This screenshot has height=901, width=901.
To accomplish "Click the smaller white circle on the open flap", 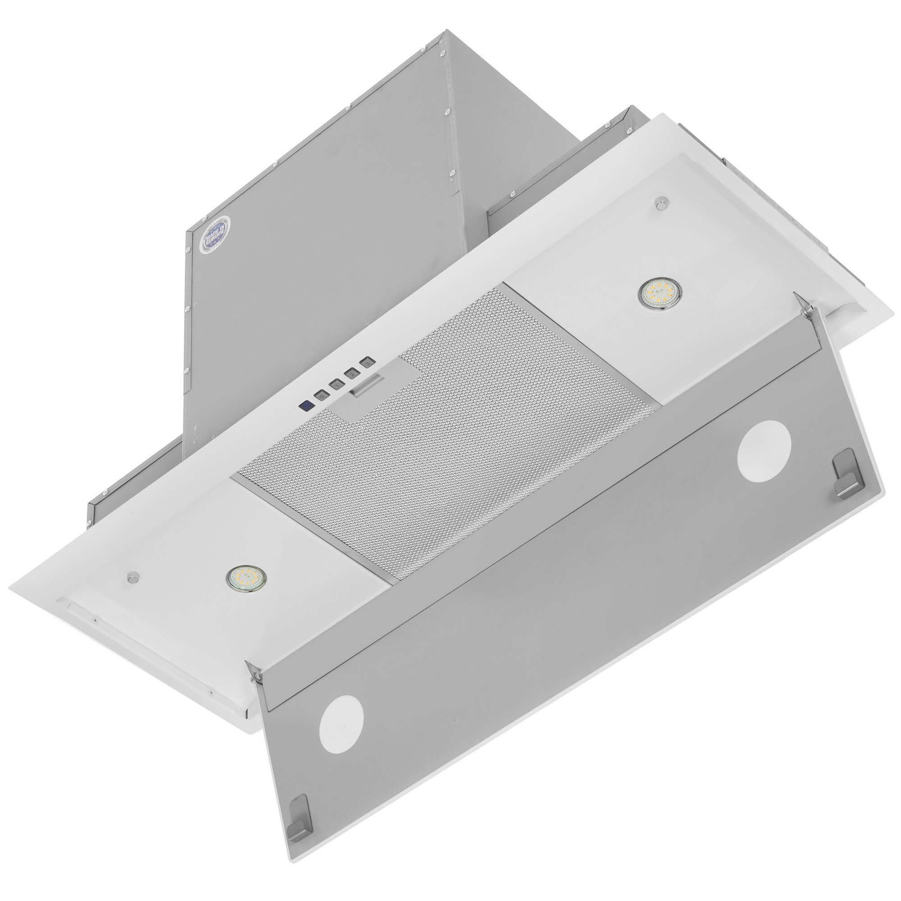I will tap(341, 728).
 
